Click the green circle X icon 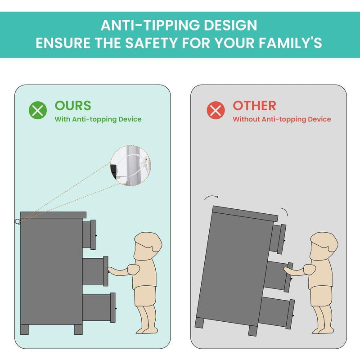[38, 110]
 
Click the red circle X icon [216, 110]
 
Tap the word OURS [73, 106]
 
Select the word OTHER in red [254, 106]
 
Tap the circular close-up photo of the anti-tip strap [130, 165]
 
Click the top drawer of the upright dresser [89, 234]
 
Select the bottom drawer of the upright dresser [99, 308]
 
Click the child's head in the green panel [148, 245]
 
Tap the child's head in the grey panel [324, 245]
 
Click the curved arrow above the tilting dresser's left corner [211, 197]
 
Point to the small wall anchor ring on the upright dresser [18, 222]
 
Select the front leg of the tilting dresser [253, 331]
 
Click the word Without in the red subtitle [246, 119]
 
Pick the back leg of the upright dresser [25, 330]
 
